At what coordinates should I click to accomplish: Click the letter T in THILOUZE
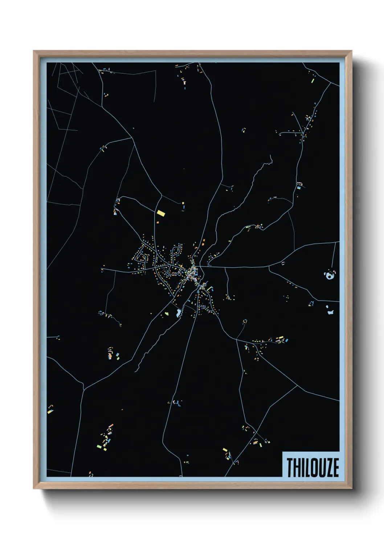[x=290, y=468]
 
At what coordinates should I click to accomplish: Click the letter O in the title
[x=314, y=468]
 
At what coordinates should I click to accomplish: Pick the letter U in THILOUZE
[x=322, y=468]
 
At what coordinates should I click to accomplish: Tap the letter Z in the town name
[x=328, y=468]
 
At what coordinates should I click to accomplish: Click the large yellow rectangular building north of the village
[x=161, y=213]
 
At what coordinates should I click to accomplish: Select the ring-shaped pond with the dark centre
[x=329, y=276]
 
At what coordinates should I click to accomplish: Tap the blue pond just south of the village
[x=178, y=313]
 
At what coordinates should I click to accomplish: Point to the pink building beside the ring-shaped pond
[x=334, y=272]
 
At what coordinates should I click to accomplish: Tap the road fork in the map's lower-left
[x=84, y=389]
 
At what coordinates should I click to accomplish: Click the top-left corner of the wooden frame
[x=34, y=51]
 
